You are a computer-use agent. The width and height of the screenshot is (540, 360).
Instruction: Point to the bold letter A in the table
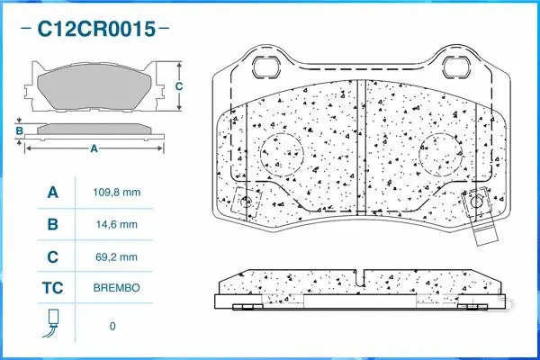click(x=52, y=192)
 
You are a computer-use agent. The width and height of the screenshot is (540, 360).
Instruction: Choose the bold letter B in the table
click(x=52, y=224)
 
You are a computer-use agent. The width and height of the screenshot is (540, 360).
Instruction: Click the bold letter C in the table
click(x=52, y=256)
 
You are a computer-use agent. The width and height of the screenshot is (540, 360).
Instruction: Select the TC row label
click(x=52, y=289)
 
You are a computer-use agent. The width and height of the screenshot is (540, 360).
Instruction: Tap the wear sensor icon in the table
click(x=52, y=322)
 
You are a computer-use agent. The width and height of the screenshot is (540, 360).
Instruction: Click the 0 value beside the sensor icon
click(x=112, y=325)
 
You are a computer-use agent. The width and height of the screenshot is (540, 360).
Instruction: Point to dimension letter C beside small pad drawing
click(x=178, y=86)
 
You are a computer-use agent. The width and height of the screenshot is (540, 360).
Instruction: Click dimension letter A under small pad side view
click(x=94, y=149)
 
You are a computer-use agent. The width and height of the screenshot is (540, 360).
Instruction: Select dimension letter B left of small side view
click(x=19, y=131)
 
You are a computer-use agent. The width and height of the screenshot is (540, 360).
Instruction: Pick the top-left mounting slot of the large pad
click(x=268, y=67)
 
